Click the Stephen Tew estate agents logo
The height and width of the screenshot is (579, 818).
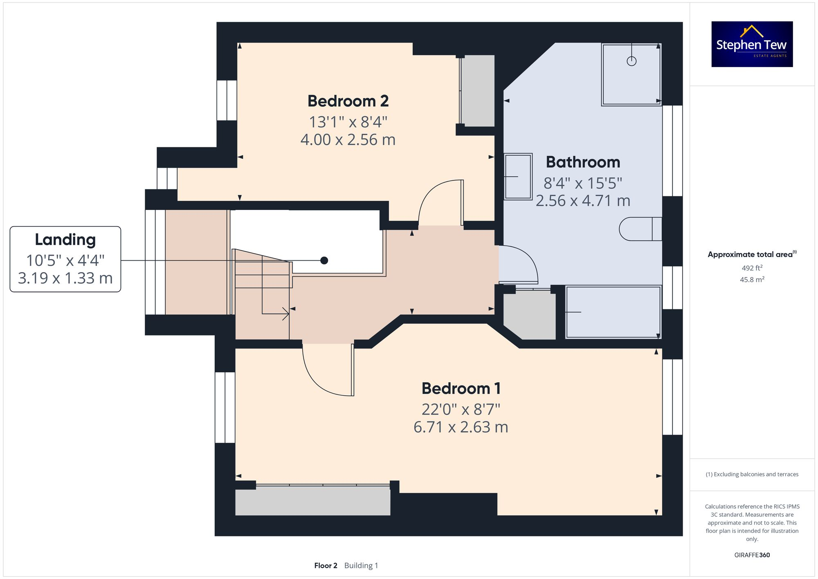[x=752, y=44]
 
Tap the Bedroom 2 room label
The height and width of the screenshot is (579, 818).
[x=348, y=101]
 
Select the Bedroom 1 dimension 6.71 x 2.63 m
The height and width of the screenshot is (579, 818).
[x=461, y=427]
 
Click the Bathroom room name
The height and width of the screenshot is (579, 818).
[x=583, y=162]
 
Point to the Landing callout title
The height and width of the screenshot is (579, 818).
[x=65, y=239]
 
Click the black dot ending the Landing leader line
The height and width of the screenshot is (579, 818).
[x=324, y=260]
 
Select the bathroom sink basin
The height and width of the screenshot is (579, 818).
[x=518, y=176]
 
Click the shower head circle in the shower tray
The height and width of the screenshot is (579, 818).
[x=631, y=61]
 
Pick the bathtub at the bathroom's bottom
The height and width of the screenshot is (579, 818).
[x=613, y=312]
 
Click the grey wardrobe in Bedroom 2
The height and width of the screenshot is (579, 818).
[x=477, y=91]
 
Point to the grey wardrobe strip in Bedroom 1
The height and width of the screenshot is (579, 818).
[x=312, y=501]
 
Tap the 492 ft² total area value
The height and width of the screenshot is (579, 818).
[x=752, y=268]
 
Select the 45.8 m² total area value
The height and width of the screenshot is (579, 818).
[x=752, y=280]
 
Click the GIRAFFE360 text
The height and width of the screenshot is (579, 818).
[x=752, y=555]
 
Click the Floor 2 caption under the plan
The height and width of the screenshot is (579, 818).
[x=326, y=565]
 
